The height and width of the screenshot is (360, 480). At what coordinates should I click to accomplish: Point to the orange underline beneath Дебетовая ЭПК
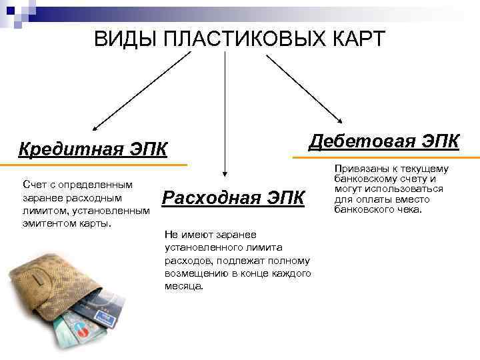tap(386, 158)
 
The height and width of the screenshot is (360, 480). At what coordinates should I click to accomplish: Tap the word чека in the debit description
tap(409, 209)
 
